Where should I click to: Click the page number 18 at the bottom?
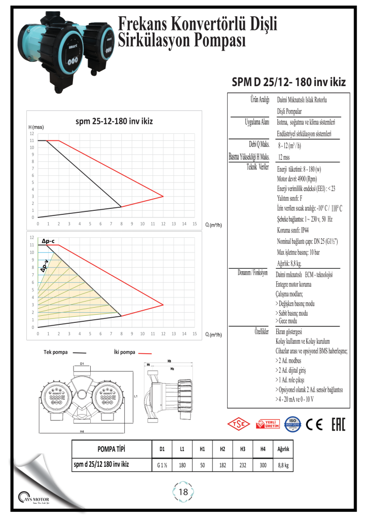[x=183, y=492]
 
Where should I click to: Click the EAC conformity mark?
[x=338, y=424]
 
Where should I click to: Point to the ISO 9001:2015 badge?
[x=292, y=424]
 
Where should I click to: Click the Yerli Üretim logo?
[x=268, y=424]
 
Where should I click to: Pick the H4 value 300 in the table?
[x=263, y=464]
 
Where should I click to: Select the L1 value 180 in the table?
[x=182, y=464]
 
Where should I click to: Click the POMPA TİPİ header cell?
[x=111, y=450]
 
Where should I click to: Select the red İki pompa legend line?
[x=146, y=352]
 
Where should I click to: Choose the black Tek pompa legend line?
[x=80, y=352]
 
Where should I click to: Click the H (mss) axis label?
[x=36, y=127]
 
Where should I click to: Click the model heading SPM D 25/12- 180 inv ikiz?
[x=288, y=82]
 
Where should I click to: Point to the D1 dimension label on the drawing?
[x=82, y=363]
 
